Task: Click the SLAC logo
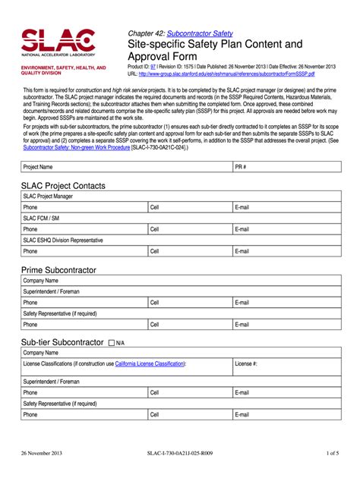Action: point(58,44)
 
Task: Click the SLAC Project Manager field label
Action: point(48,196)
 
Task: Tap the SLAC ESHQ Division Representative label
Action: point(63,240)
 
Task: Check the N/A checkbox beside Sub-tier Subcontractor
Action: point(112,343)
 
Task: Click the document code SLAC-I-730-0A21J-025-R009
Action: point(180,453)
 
